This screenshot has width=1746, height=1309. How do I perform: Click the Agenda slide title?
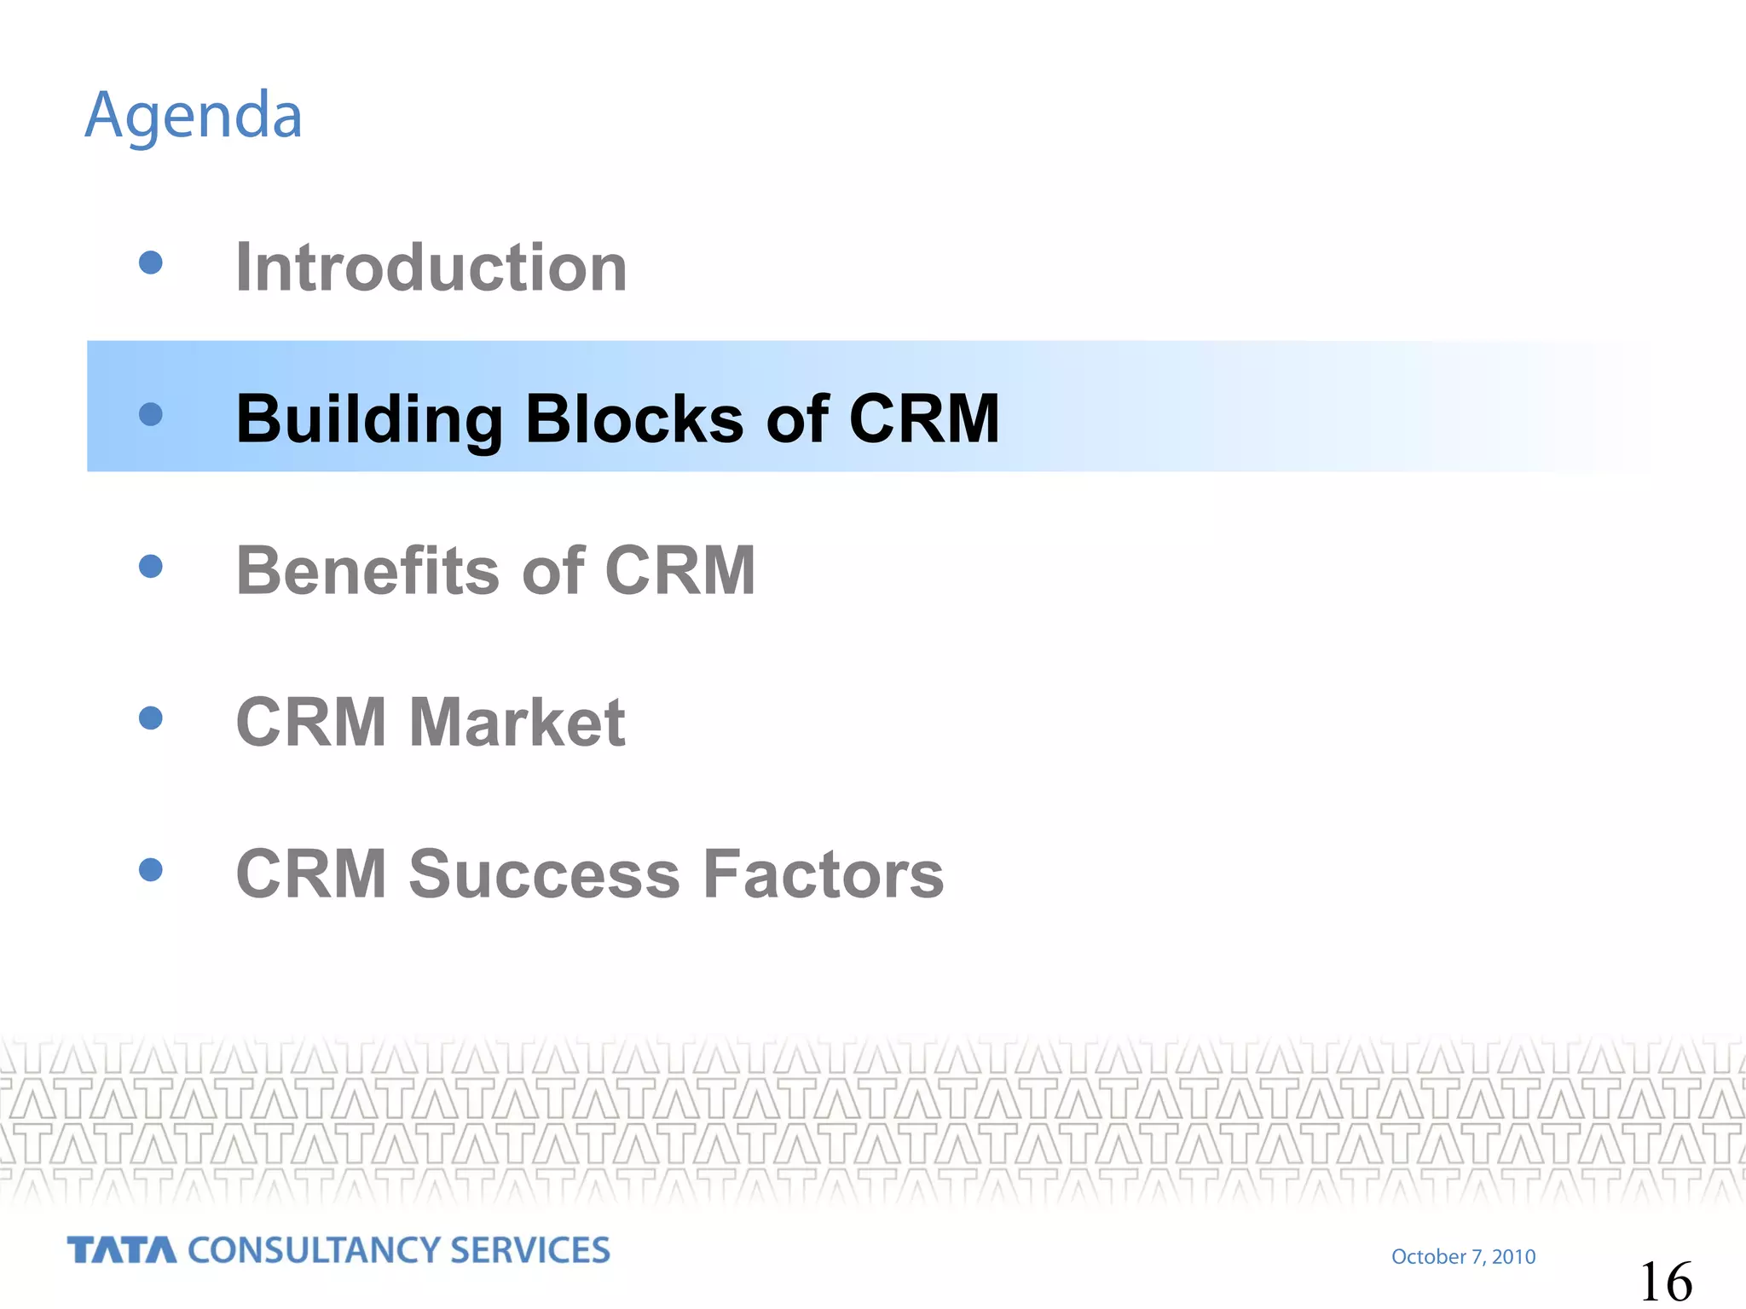(x=194, y=116)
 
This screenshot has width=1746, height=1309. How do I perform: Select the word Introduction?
(x=431, y=268)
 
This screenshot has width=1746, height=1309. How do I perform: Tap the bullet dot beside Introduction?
(x=151, y=262)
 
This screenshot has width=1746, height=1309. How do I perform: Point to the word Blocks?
(x=634, y=419)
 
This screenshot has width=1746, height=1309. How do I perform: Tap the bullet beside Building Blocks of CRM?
(x=151, y=414)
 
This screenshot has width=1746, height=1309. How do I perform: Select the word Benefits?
(x=368, y=571)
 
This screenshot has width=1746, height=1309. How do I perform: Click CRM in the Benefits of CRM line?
(x=679, y=571)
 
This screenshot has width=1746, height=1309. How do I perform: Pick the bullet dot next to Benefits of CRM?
(x=151, y=566)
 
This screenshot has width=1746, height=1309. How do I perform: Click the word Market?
(x=517, y=723)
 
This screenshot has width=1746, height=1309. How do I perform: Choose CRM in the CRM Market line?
(x=311, y=723)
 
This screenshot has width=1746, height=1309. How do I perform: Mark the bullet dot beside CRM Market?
(x=151, y=718)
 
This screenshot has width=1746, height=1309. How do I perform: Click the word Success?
(x=545, y=874)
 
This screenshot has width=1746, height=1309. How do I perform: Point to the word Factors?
(x=824, y=874)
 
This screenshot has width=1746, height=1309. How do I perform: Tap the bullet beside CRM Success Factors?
(x=151, y=869)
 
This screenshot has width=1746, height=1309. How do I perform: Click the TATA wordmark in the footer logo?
(x=122, y=1250)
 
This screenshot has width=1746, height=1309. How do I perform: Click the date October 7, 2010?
(x=1463, y=1257)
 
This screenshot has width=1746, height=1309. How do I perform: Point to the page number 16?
(x=1665, y=1282)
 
